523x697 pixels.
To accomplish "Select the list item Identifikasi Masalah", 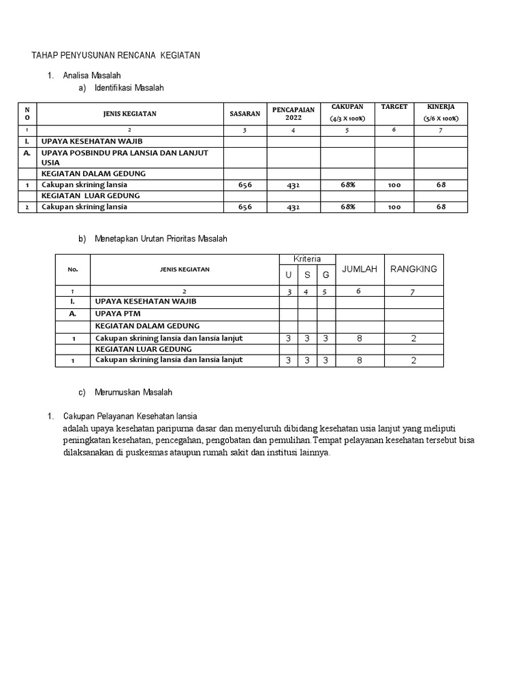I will pyautogui.click(x=129, y=88).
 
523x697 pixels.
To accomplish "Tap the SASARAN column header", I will pyautogui.click(x=245, y=114).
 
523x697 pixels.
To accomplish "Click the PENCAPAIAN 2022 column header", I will pyautogui.click(x=293, y=114).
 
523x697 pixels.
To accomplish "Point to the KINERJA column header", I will pyautogui.click(x=441, y=108).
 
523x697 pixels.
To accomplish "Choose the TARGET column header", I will pyautogui.click(x=394, y=108).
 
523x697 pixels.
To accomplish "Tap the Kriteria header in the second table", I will pyautogui.click(x=307, y=259).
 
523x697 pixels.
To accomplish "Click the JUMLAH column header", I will pyautogui.click(x=360, y=270).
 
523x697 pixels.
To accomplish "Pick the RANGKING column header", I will pyautogui.click(x=413, y=270).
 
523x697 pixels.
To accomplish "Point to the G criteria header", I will pyautogui.click(x=326, y=274).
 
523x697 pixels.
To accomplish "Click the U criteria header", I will pyautogui.click(x=289, y=274).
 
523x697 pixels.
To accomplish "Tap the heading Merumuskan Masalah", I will pyautogui.click(x=133, y=392).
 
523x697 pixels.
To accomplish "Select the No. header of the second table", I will pyautogui.click(x=73, y=270).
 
